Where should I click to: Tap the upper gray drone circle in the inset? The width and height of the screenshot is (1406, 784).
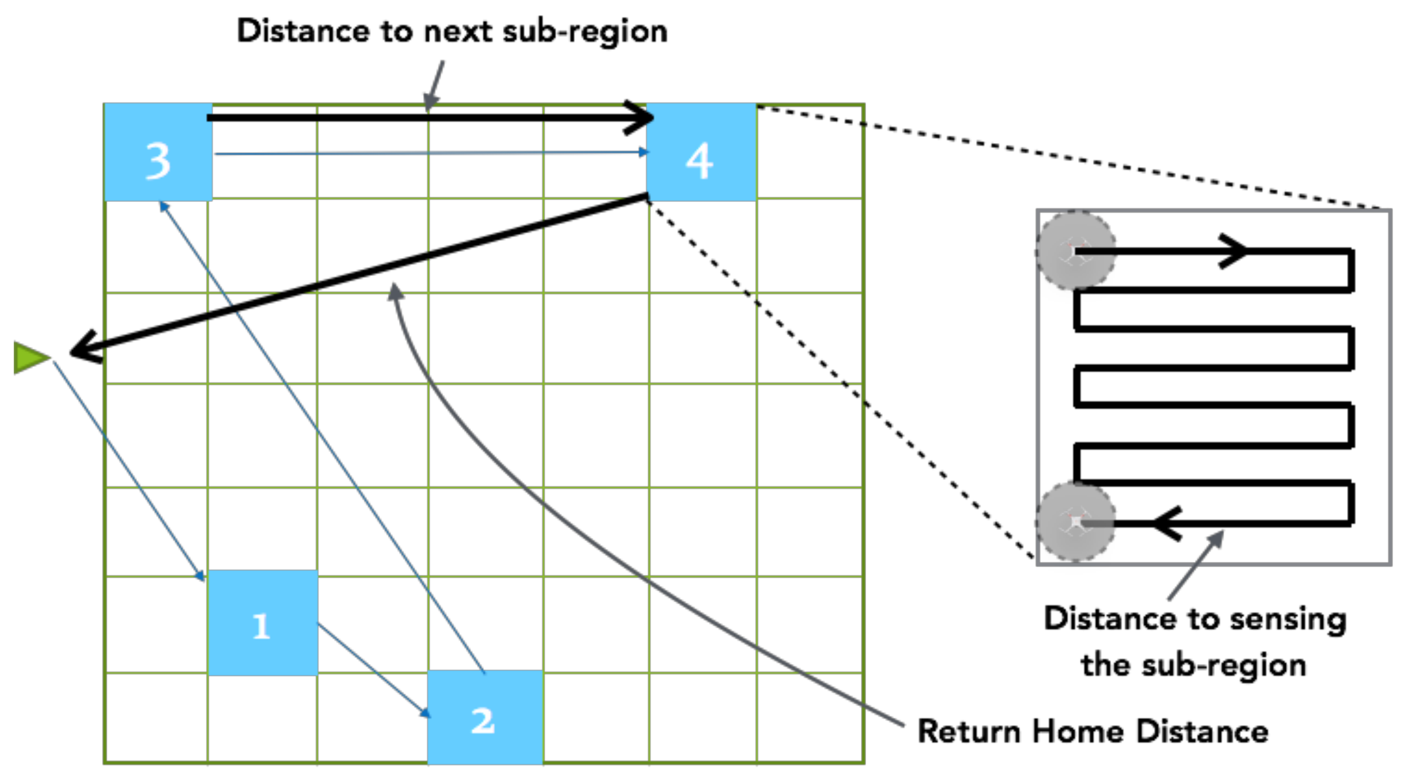click(1075, 251)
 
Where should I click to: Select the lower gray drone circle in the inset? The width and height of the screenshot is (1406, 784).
click(1075, 522)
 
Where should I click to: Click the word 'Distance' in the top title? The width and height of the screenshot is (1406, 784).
click(303, 30)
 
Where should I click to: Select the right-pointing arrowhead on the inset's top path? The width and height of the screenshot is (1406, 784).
click(1235, 251)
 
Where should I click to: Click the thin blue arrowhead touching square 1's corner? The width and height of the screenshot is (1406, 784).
click(200, 577)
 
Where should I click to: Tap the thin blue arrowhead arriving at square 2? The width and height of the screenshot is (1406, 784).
click(425, 713)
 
